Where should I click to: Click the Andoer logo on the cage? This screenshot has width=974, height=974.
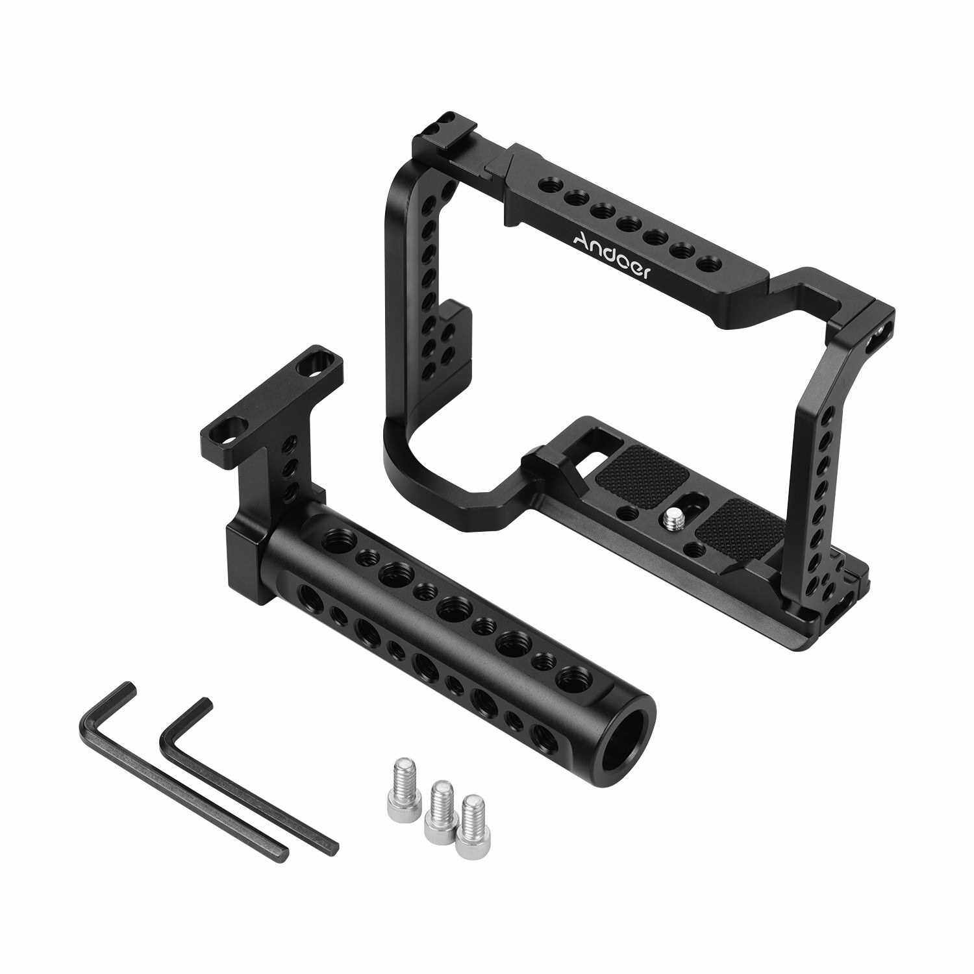[612, 253]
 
